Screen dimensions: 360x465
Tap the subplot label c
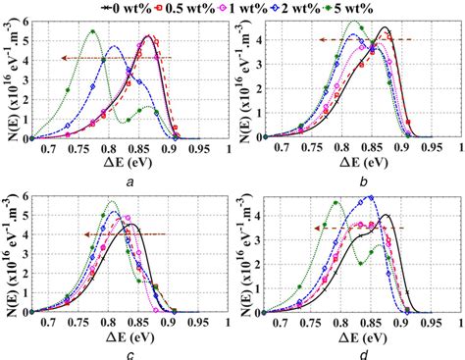point(129,355)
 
